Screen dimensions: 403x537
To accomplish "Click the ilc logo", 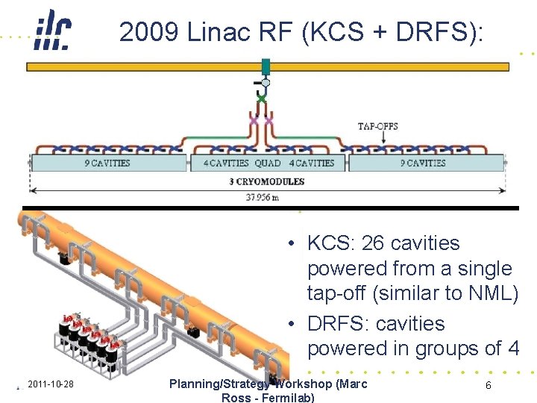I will pyautogui.click(x=53, y=31).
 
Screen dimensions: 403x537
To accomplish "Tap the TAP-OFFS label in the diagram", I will pyautogui.click(x=377, y=126).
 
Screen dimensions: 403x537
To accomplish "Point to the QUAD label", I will pyautogui.click(x=267, y=163).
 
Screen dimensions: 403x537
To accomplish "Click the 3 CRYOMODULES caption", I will pyautogui.click(x=266, y=181).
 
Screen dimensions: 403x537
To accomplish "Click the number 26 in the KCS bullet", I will pyautogui.click(x=371, y=243).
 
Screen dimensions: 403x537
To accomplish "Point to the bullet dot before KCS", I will pyautogui.click(x=294, y=243).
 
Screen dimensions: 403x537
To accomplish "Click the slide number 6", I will pyautogui.click(x=488, y=385).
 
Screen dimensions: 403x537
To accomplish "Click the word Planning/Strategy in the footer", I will pyautogui.click(x=218, y=384).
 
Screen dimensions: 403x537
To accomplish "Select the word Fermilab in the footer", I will pyautogui.click(x=286, y=397).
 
